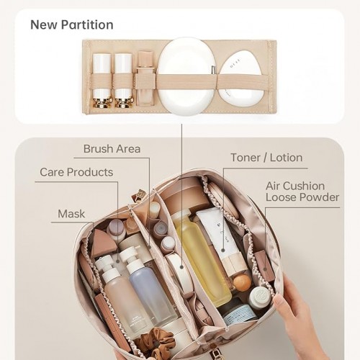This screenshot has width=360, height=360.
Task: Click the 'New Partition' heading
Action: click(72, 24)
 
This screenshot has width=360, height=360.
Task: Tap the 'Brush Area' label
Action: click(112, 149)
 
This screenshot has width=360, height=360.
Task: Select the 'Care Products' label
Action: click(76, 172)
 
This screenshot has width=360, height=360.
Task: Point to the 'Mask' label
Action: click(71, 214)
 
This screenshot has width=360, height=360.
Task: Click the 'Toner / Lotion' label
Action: click(266, 158)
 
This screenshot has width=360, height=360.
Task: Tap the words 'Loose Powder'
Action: click(302, 197)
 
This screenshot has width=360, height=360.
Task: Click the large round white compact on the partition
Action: click(186, 76)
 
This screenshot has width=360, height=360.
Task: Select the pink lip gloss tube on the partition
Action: click(145, 78)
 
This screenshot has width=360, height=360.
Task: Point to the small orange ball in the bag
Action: click(242, 283)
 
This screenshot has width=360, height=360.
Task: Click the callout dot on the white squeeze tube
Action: click(223, 251)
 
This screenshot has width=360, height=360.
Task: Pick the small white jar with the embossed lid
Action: click(260, 298)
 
